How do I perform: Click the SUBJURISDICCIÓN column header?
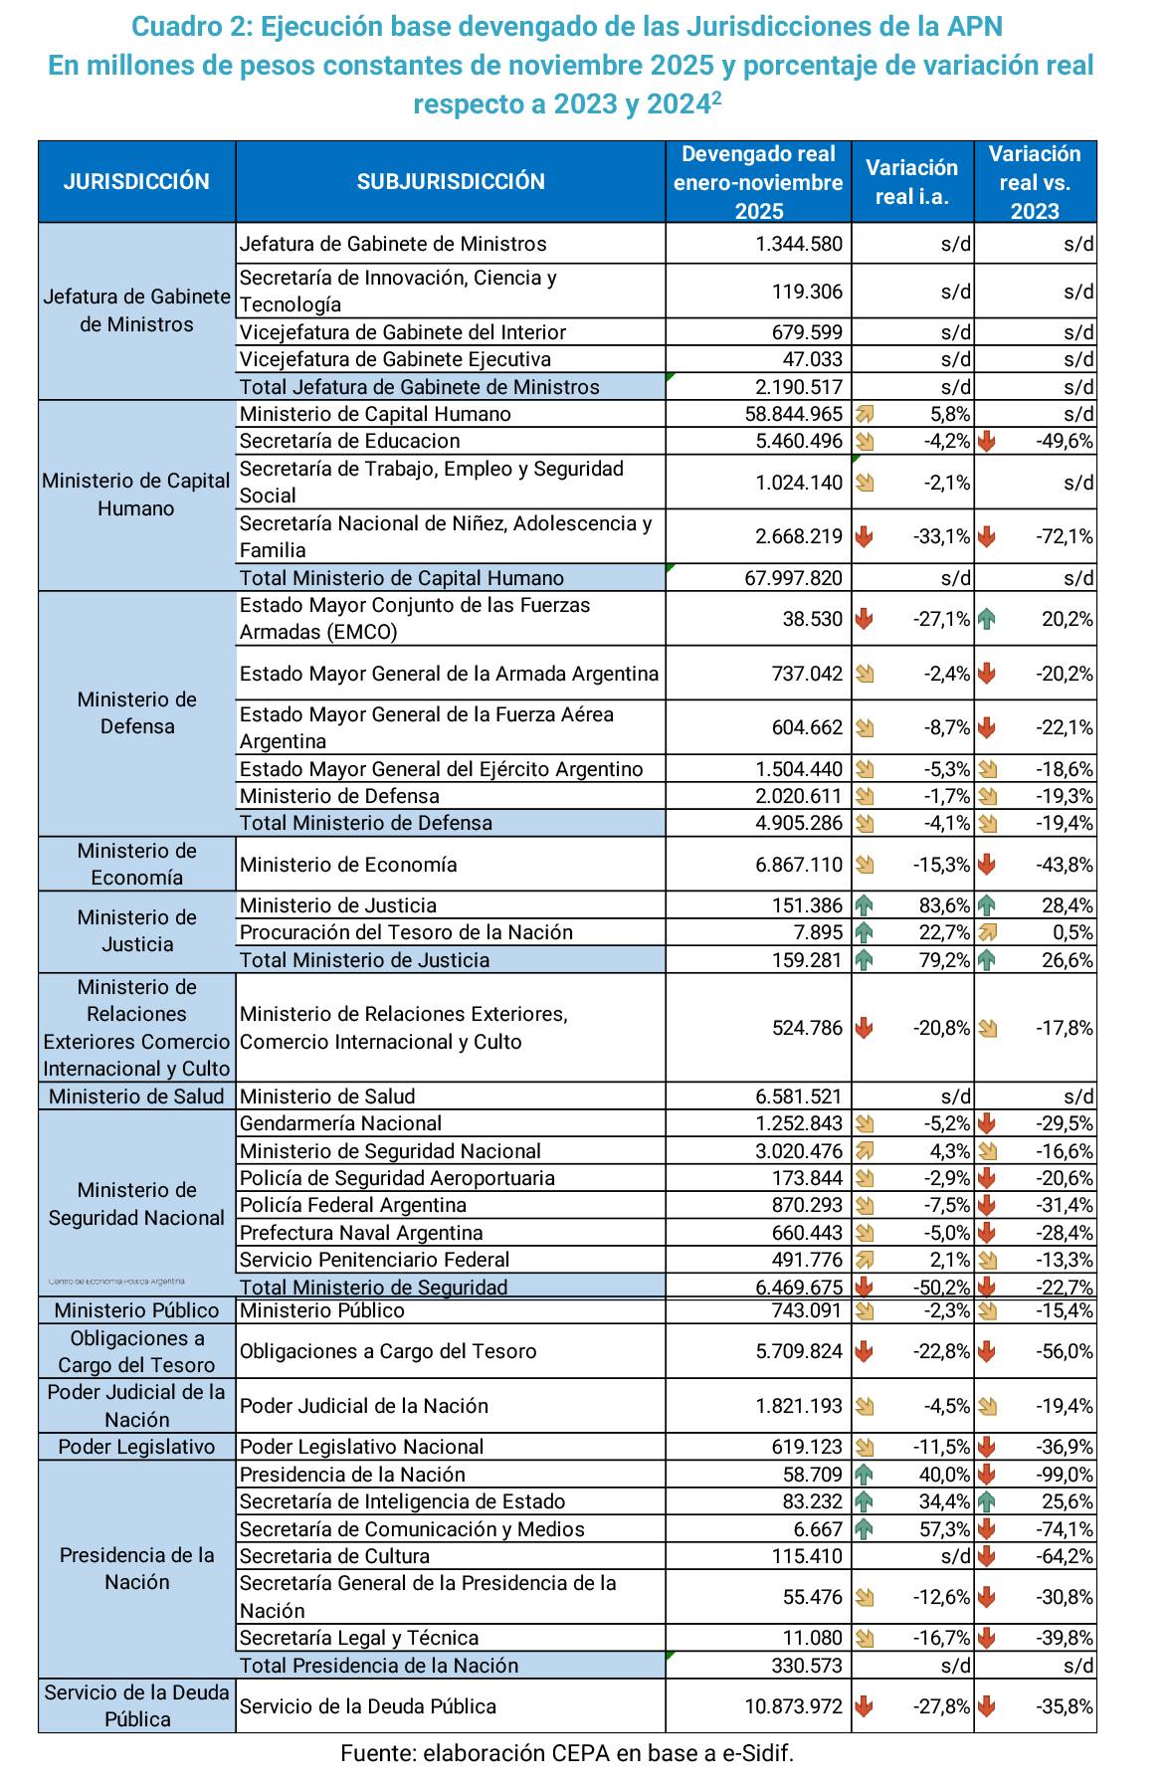pos(451,181)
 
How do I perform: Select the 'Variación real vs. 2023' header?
pos(1035,182)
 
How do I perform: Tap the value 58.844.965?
pos(793,414)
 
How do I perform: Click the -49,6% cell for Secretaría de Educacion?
pos(1066,441)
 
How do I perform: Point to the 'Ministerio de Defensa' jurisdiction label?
pos(137,713)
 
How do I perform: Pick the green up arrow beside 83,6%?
pos(864,905)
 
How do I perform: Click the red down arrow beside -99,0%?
pos(986,1475)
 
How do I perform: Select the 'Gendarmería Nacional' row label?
pos(341,1123)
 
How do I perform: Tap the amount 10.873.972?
pos(793,1706)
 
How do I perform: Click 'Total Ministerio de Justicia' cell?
pos(365,960)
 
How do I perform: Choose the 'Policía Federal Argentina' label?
pos(353,1205)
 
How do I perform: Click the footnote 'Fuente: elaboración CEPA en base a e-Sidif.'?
pos(567,1753)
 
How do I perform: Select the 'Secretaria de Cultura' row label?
pos(335,1556)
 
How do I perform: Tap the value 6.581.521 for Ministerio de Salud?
pos(799,1096)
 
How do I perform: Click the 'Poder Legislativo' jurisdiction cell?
pos(137,1447)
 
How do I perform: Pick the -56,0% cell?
pos(1066,1351)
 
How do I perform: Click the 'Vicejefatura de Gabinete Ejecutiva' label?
pos(396,359)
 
